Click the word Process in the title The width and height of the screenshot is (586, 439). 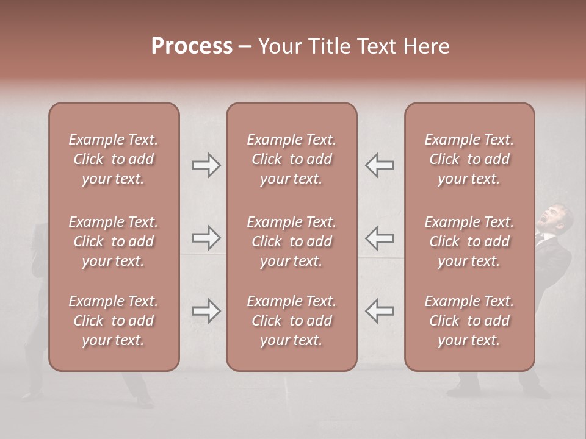(192, 46)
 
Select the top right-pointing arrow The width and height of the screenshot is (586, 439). (206, 165)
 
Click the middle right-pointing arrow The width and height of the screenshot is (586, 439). (206, 237)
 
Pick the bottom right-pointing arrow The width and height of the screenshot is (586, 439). (206, 311)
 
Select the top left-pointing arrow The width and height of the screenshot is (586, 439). (379, 165)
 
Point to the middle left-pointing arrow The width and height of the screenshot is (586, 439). (379, 237)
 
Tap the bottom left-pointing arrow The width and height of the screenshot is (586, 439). (379, 311)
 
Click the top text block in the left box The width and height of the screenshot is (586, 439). (114, 159)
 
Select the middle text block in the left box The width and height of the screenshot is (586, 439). (114, 241)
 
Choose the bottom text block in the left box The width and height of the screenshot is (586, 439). (114, 321)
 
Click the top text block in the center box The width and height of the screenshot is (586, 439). (291, 159)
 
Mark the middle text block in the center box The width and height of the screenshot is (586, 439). (291, 241)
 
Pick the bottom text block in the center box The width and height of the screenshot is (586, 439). (291, 321)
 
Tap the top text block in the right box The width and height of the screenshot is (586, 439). (469, 159)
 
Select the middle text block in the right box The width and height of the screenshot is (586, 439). (469, 241)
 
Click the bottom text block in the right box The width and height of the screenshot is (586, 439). (469, 321)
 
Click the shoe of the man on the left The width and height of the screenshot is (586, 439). (143, 402)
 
